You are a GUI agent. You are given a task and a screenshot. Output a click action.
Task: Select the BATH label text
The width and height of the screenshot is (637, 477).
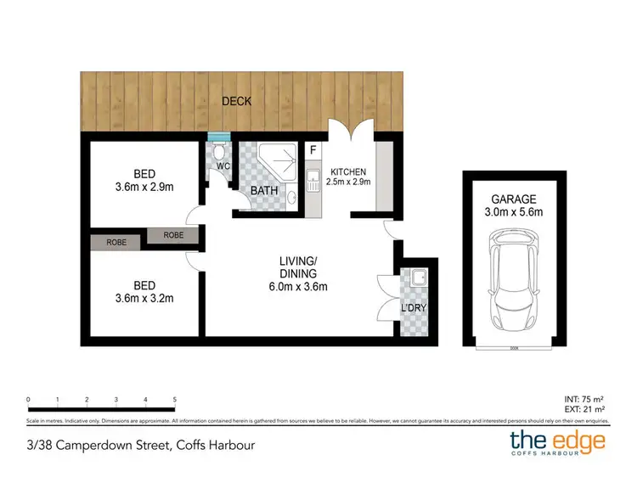click(x=265, y=191)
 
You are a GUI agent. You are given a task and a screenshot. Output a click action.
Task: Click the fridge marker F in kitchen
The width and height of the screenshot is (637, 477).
click(x=313, y=152)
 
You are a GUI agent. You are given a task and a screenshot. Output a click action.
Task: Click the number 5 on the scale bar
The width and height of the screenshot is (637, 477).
click(x=174, y=399)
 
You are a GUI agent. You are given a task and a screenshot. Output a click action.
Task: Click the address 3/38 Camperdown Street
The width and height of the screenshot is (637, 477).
click(x=141, y=444)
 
